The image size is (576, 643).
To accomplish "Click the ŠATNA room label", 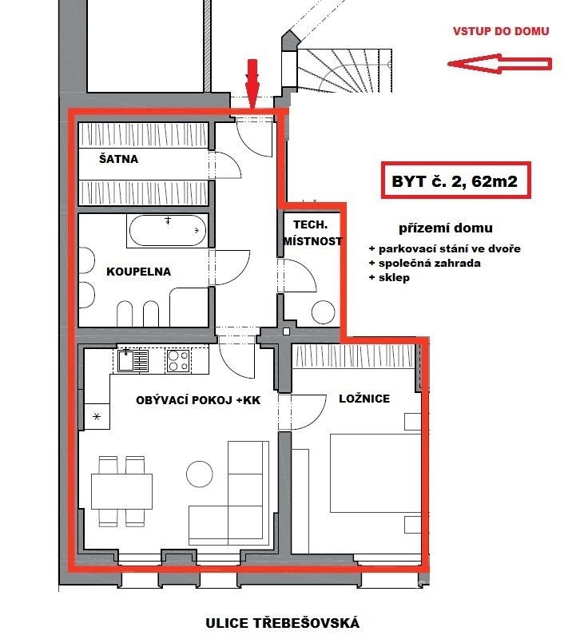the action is coord(118,159).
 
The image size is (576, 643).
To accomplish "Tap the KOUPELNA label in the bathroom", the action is coord(139,272).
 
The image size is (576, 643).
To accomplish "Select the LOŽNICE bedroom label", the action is coord(364,399).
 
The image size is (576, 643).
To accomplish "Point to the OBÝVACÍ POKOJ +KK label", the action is coord(198,400).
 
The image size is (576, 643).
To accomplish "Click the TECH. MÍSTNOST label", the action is coord(312,233).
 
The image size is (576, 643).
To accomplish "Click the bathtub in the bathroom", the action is coord(168,231).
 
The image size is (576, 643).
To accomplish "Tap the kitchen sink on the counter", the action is coord(133,360).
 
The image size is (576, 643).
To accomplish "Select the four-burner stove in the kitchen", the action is coord(178,361).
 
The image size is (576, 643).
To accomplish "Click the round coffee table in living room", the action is coord(200,474).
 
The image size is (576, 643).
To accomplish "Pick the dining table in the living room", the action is coord(122,491).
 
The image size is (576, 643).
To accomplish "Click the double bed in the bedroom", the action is coord(375,473).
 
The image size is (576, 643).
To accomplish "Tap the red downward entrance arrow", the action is coord(252,84).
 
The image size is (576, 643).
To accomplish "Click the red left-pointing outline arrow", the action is coord(499,64).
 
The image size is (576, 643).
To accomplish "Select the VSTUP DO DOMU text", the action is coord(501,31).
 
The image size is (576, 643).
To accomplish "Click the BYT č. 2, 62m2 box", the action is coord(456,181).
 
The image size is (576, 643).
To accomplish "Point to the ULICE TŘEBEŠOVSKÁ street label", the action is coord(282,623).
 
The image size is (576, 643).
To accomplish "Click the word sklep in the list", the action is coord(394,278).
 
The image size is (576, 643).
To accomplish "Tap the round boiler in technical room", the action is coord(324,312).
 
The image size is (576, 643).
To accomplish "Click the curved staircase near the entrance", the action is coord(344,70).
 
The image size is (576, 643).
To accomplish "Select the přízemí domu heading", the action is coord(446,228).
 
